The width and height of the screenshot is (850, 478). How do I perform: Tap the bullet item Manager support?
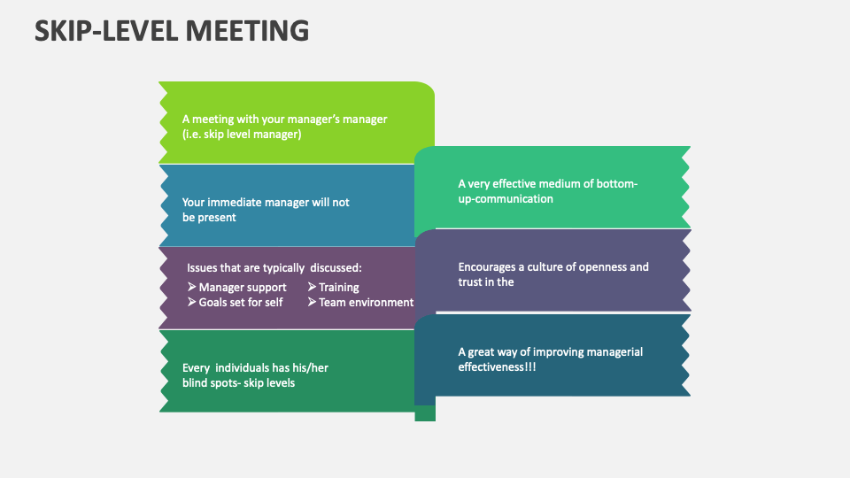[x=242, y=287]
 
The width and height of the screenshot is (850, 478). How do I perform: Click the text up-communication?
[x=506, y=198]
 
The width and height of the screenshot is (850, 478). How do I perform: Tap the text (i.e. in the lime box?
[x=192, y=134]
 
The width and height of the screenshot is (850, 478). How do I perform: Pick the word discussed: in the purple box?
[x=336, y=266]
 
